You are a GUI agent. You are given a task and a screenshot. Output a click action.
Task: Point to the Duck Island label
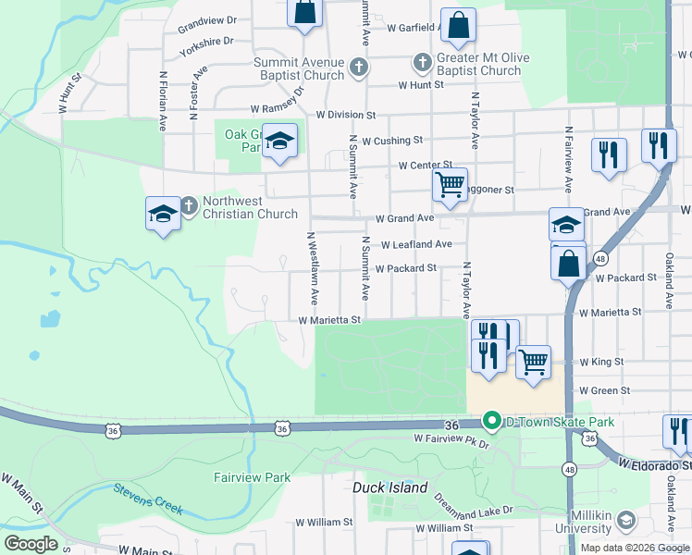coord(390,487)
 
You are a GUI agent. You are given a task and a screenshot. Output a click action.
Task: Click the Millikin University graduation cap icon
coord(626,521)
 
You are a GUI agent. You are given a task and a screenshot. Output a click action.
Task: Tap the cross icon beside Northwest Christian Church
coord(189,204)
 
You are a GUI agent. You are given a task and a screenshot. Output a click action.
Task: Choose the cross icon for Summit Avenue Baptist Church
coord(359,67)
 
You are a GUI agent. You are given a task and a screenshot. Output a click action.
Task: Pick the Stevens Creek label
coord(148,499)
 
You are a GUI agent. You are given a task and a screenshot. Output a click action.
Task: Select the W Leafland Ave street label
coord(415,244)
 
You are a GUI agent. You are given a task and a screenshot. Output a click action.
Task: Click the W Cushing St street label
coord(392,141)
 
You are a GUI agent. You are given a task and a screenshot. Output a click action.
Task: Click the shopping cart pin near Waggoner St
coord(450,183)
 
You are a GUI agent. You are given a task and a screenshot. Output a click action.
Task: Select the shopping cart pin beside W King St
coord(533,362)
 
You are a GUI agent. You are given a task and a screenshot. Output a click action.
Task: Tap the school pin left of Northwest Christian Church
coord(163,215)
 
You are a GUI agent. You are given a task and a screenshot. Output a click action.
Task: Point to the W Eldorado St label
coord(655,462)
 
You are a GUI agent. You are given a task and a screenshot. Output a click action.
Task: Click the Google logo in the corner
coord(31,544)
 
